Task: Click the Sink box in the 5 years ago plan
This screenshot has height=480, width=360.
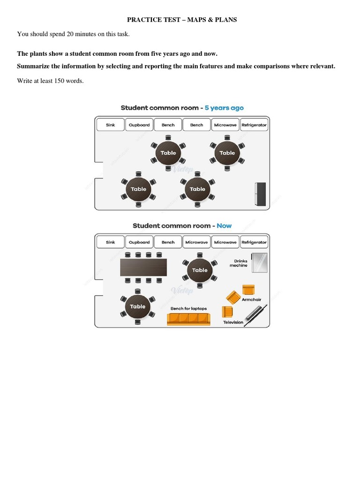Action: point(111,125)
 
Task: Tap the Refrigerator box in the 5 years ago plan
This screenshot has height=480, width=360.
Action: point(254,125)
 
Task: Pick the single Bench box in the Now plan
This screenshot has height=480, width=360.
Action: point(168,242)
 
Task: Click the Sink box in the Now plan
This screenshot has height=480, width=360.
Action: point(111,242)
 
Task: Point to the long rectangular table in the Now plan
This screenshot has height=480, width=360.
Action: point(143,268)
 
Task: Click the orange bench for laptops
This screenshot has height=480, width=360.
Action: point(188,319)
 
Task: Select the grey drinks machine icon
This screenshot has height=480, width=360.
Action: point(259,262)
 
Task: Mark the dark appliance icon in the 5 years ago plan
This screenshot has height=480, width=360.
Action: point(260,194)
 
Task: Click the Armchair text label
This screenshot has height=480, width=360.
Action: point(251,300)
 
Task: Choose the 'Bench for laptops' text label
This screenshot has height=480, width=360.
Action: point(188,308)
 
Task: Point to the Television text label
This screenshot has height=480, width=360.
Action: point(233,322)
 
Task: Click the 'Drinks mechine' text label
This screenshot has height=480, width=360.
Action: point(238,263)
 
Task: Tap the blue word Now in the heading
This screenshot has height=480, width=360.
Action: point(224,225)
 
